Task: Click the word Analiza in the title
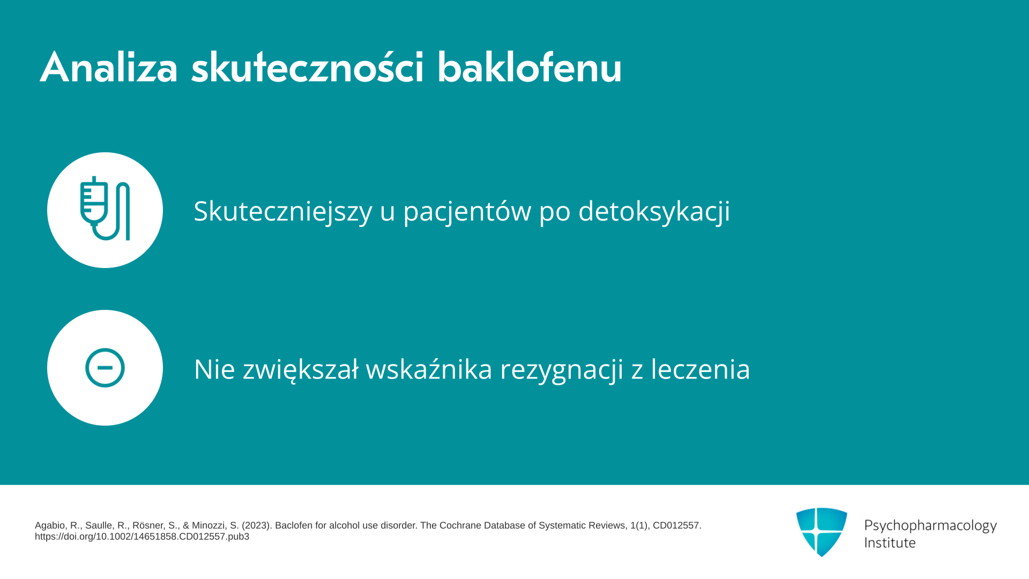tap(109, 68)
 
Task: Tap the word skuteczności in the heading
tap(308, 68)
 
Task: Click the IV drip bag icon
tap(105, 209)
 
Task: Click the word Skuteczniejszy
tap(283, 211)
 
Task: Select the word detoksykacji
tap(654, 211)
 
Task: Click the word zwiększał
tap(301, 370)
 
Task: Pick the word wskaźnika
tap(429, 369)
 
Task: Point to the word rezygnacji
tap(562, 370)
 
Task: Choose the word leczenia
tap(700, 369)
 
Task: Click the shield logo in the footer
tap(822, 532)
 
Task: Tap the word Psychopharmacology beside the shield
tap(930, 525)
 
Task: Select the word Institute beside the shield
tap(890, 543)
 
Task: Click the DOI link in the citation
tap(142, 537)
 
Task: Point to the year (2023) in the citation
tap(256, 525)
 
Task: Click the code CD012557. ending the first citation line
tap(677, 525)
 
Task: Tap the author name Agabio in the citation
tap(49, 526)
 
